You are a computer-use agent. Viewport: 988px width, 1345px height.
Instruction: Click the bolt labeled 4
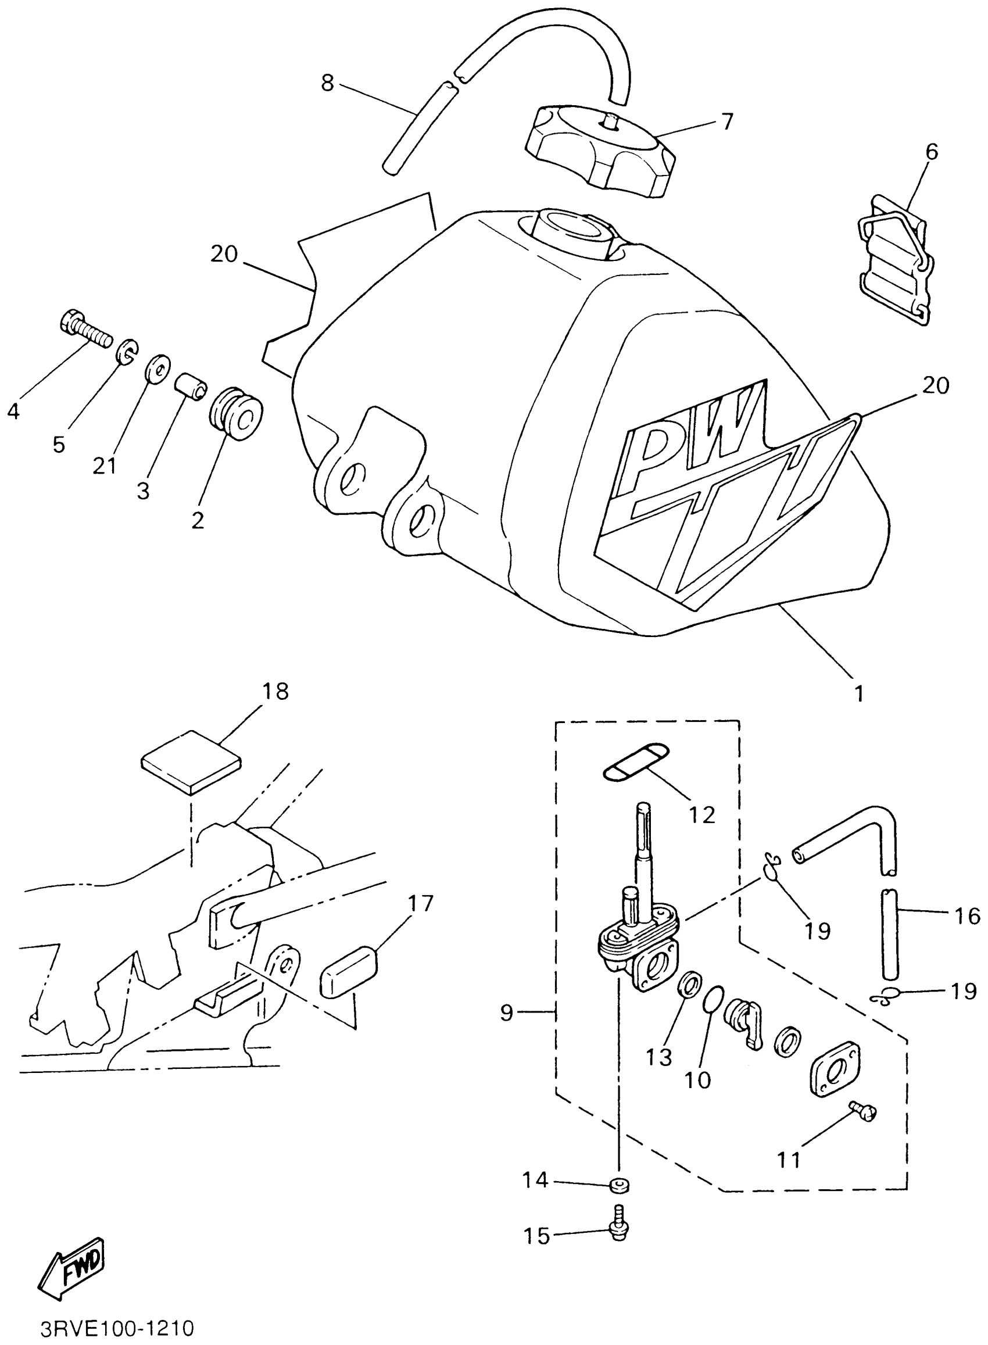coord(85,328)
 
